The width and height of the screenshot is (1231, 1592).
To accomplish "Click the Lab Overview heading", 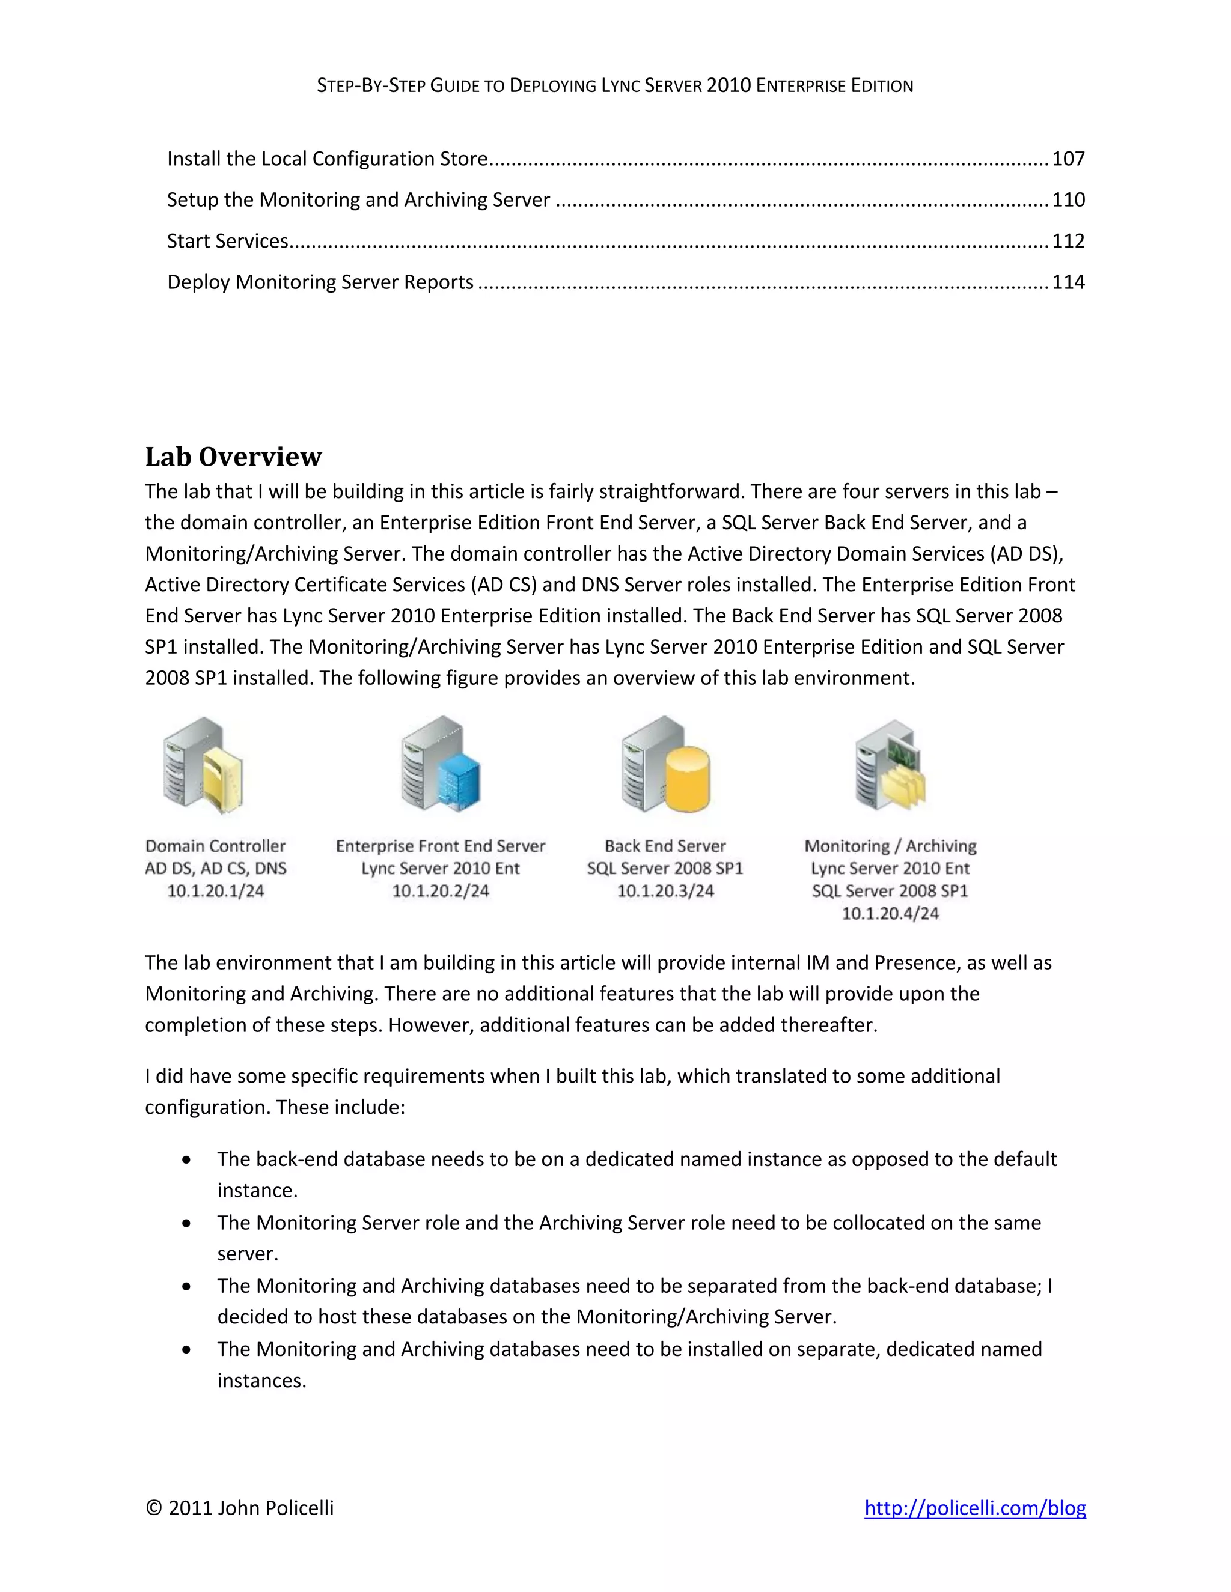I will click(233, 457).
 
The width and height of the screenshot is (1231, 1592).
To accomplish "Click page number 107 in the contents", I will click(1068, 159).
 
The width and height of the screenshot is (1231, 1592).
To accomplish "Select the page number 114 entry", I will click(1068, 282).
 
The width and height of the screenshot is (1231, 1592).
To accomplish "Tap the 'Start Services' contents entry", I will click(228, 242).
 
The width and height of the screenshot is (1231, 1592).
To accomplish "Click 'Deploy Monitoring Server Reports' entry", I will click(320, 282).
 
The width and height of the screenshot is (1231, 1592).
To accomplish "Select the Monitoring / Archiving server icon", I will click(890, 765).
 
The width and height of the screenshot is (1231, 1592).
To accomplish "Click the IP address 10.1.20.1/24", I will click(215, 891).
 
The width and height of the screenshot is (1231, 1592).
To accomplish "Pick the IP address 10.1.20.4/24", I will click(890, 913).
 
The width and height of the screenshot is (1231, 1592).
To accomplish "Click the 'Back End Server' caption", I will click(665, 846).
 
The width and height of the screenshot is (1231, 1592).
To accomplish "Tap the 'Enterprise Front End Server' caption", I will click(440, 846).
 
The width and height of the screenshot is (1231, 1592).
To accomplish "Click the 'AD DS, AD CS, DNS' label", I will click(215, 868).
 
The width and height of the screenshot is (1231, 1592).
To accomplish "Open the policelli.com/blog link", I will click(974, 1507).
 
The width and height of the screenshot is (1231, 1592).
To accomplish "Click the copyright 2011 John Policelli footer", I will click(239, 1507).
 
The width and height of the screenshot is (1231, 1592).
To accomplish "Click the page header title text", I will click(615, 86).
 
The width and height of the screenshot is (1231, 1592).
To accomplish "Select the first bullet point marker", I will click(188, 1159).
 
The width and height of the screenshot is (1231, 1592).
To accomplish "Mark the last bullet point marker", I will click(188, 1349).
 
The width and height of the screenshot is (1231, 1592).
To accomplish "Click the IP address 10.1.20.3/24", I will click(665, 891).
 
